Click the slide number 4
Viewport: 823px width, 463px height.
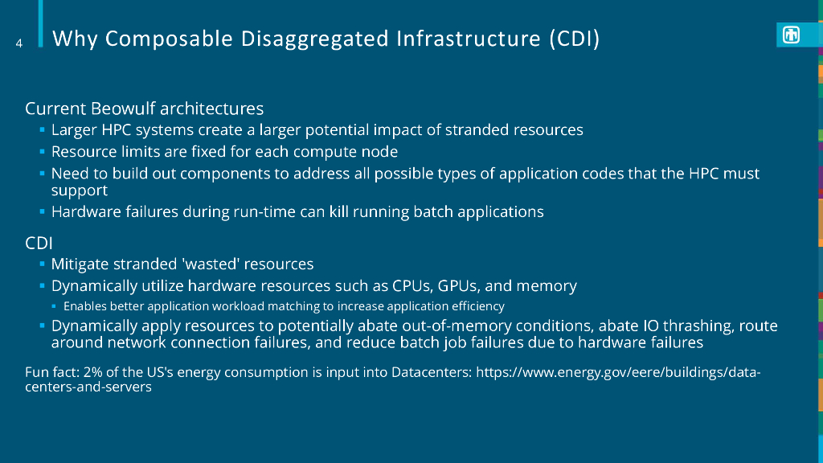tap(19, 43)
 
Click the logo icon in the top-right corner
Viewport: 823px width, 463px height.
tap(791, 35)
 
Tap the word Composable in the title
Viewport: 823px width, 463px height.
tap(169, 39)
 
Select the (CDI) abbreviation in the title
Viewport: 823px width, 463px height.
tap(575, 39)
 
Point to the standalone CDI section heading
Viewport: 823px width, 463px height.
tap(39, 243)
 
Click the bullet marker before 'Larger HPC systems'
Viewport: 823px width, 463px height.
tap(42, 129)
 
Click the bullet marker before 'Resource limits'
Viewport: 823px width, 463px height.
tap(42, 151)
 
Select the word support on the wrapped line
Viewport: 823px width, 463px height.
tap(80, 191)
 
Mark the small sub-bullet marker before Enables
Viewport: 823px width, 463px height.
tap(54, 305)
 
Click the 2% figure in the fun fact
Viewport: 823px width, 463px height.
tap(92, 372)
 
